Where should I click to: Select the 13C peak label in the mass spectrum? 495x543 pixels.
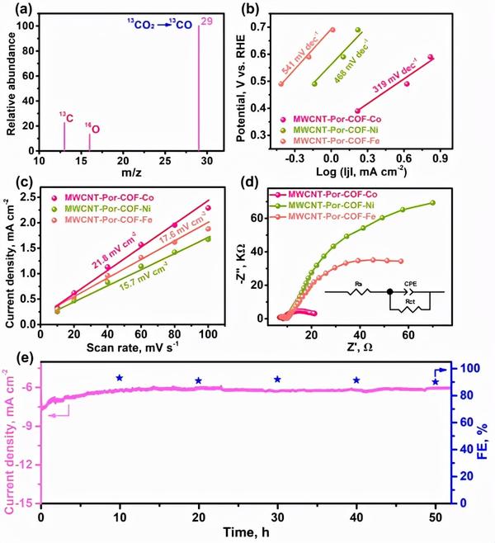coord(64,115)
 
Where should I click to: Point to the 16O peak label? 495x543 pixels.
coord(93,130)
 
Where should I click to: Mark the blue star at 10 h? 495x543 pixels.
coord(120,378)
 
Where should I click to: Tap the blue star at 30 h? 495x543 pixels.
coord(277,380)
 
